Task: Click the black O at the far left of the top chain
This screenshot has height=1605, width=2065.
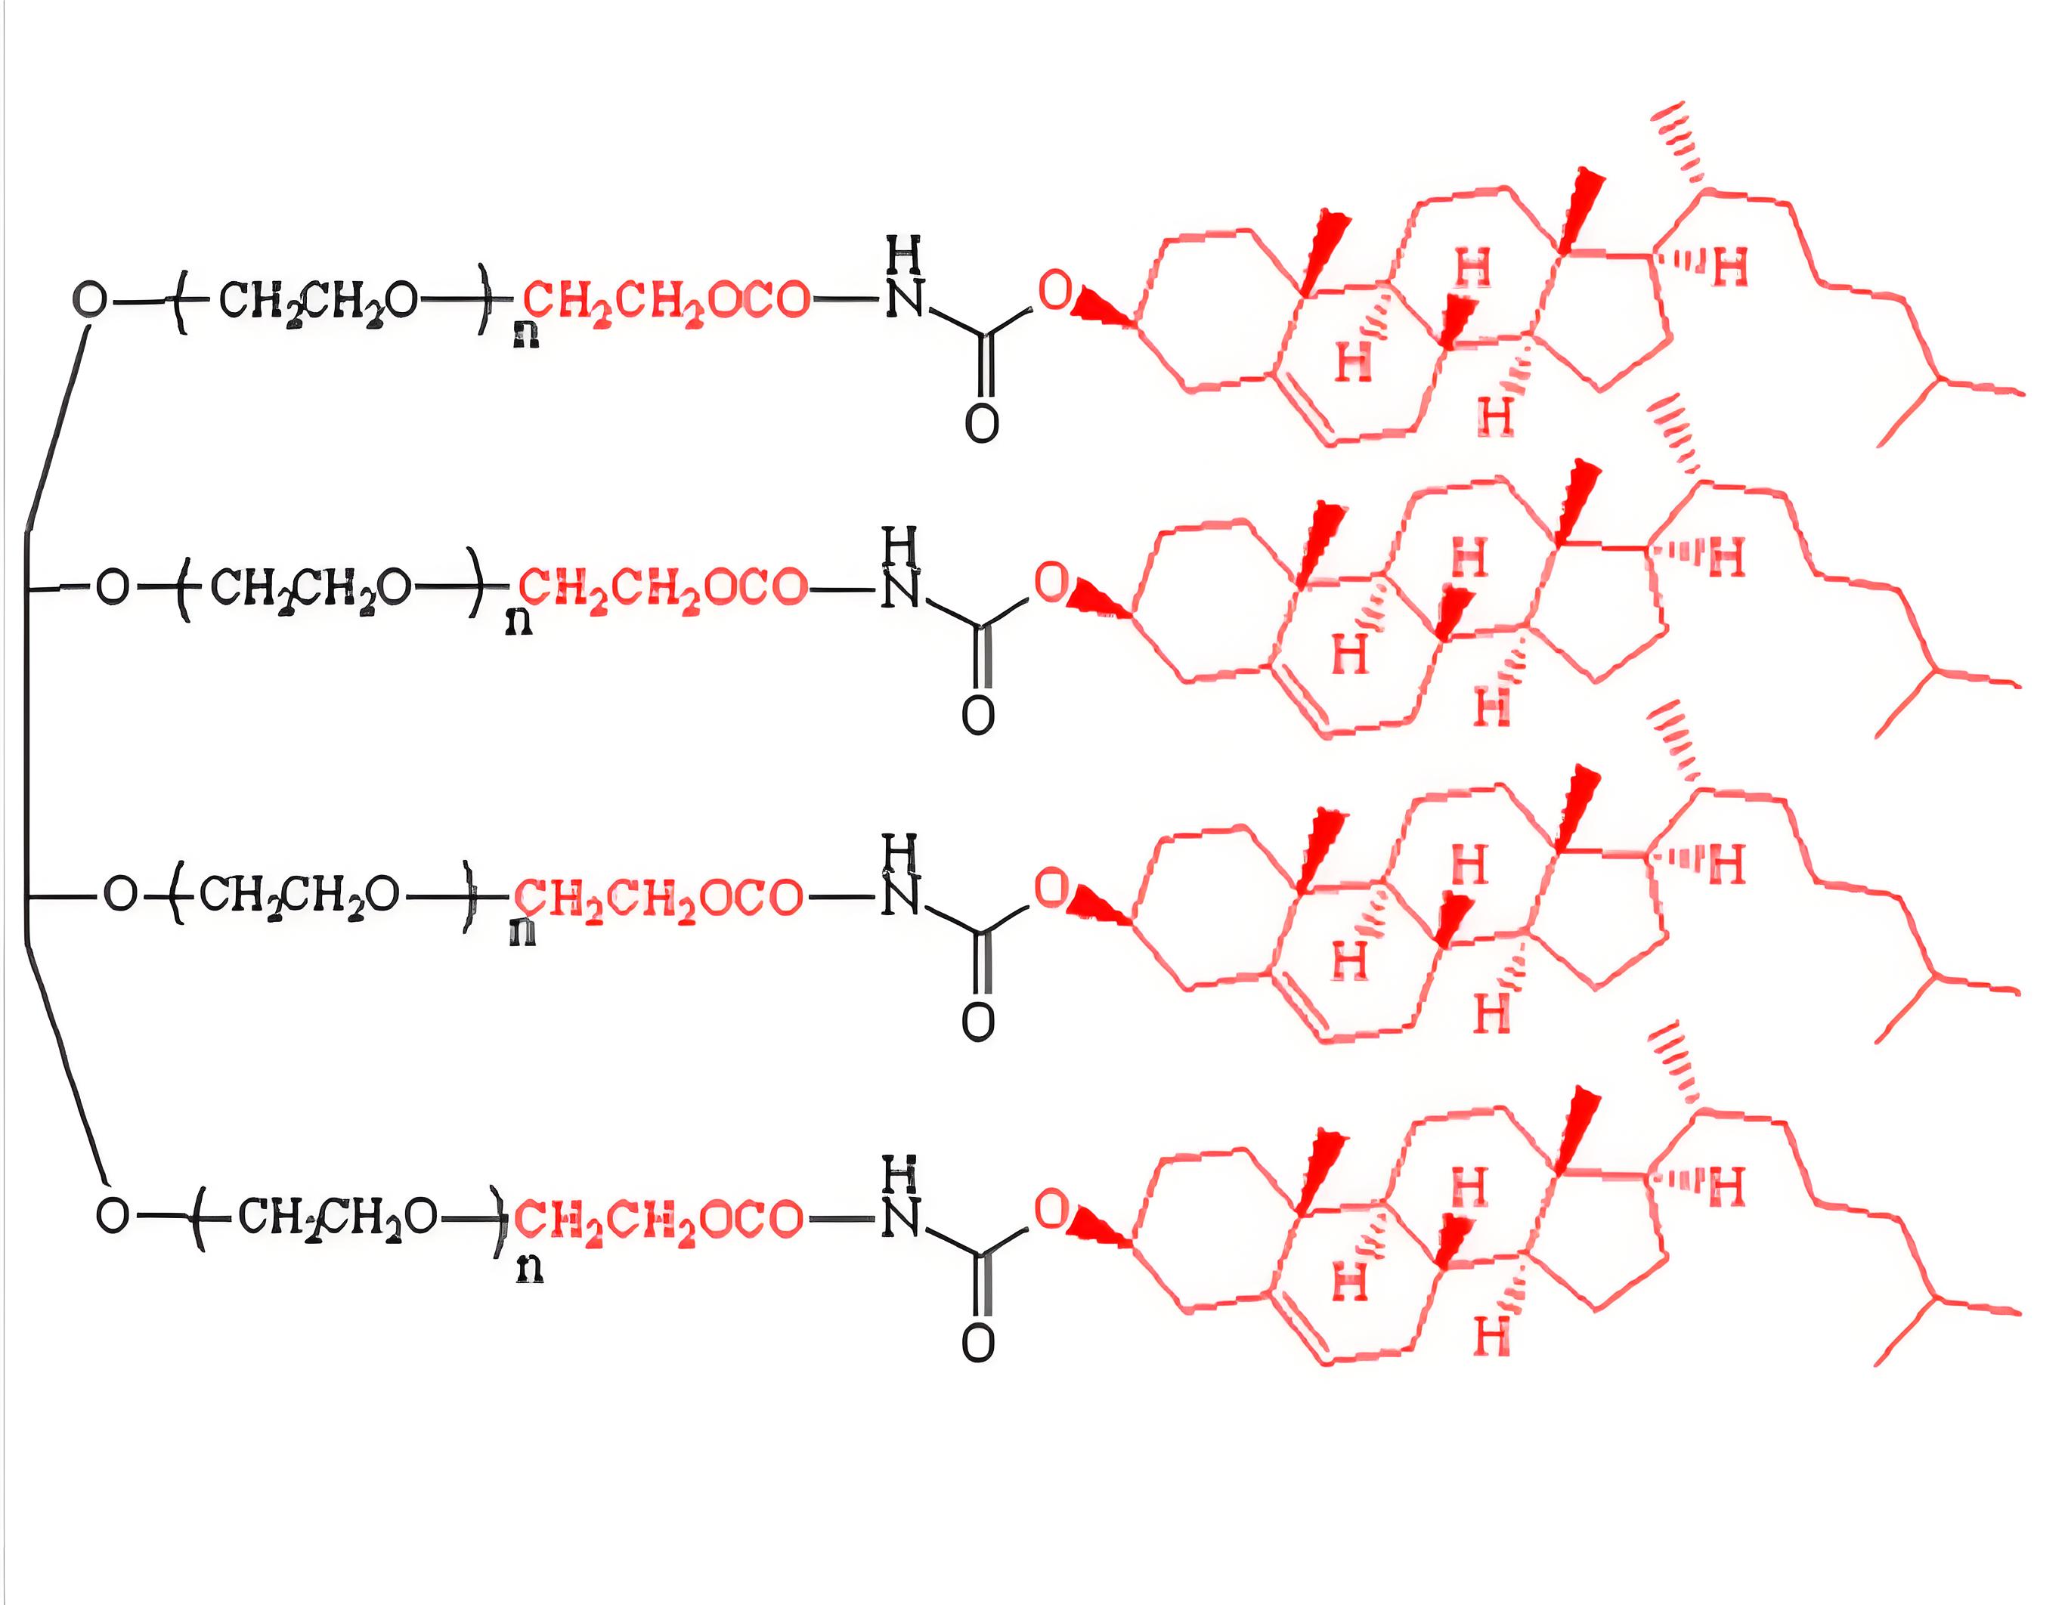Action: click(x=91, y=300)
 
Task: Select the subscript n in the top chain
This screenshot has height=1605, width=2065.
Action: click(x=526, y=336)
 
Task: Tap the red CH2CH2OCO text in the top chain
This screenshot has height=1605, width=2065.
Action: click(x=667, y=302)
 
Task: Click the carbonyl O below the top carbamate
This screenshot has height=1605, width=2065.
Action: click(x=981, y=422)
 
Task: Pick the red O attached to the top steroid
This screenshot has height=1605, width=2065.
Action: click(x=1055, y=290)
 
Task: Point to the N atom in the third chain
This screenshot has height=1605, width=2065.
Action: click(x=899, y=896)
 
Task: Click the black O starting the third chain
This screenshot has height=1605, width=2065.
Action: click(x=120, y=894)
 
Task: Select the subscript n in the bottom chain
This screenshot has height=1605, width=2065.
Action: click(x=530, y=1269)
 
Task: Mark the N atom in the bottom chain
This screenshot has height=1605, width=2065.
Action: click(x=899, y=1217)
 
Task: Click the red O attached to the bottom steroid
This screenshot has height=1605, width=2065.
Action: click(x=1051, y=1209)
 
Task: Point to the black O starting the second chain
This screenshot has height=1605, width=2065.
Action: click(x=113, y=587)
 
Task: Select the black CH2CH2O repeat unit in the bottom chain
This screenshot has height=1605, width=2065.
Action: click(x=338, y=1217)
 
